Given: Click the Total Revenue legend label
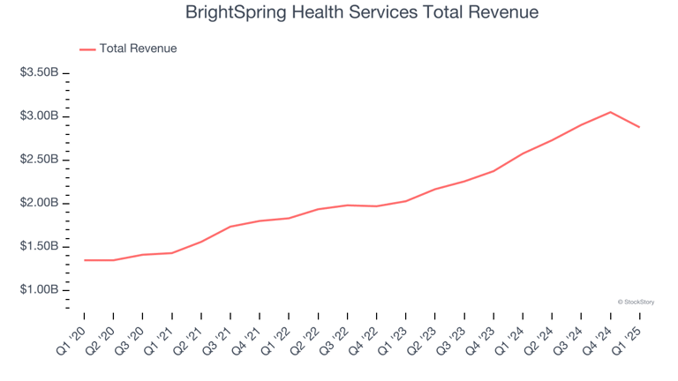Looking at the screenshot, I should (x=139, y=49).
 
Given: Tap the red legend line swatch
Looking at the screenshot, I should (x=87, y=49).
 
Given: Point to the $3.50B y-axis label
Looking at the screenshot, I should (x=39, y=73).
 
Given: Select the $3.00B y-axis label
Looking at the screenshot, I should (x=39, y=116).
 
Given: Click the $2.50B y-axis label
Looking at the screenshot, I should (x=39, y=160).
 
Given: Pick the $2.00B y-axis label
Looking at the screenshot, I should (x=39, y=203).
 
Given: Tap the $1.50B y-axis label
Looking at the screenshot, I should (x=39, y=246).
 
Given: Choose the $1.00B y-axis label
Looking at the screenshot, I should (x=39, y=290).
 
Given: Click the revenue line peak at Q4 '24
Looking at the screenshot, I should (x=610, y=112).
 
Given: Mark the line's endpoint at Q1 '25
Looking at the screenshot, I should (x=639, y=127).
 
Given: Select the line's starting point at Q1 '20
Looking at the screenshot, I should (x=85, y=260).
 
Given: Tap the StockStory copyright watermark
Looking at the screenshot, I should (x=636, y=302).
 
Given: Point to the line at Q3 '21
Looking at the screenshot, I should (x=230, y=227).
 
